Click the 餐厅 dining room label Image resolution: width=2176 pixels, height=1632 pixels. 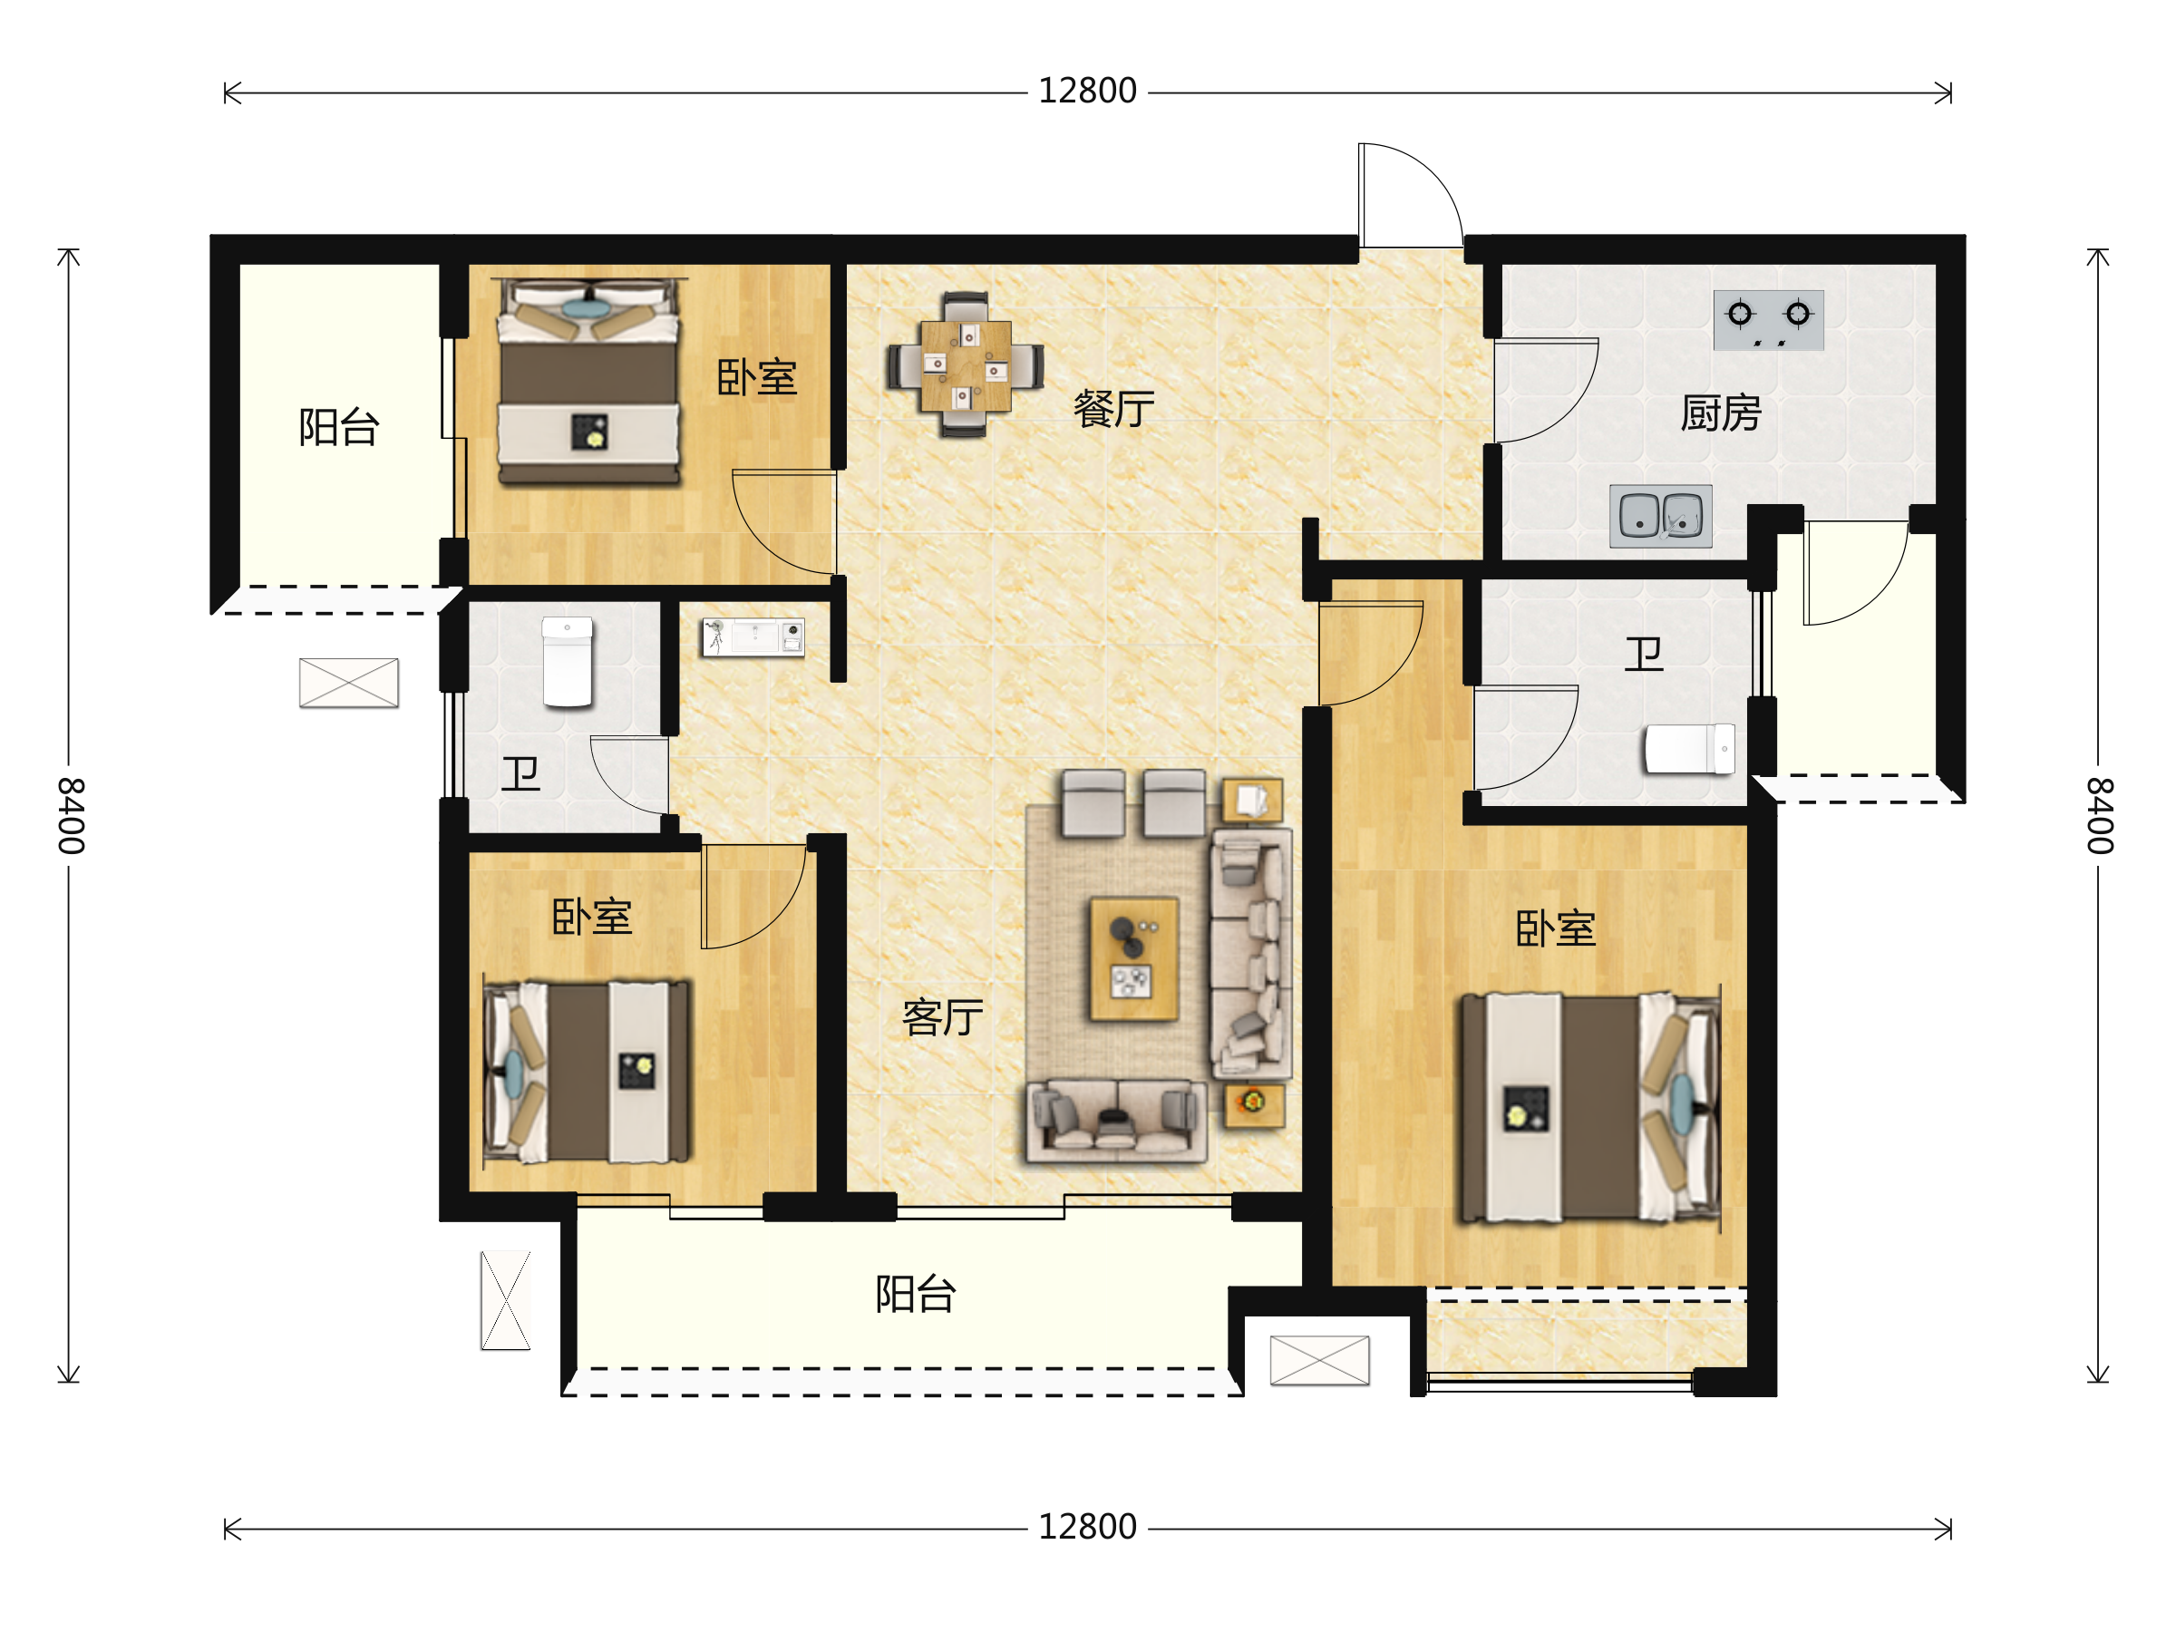[x=1113, y=409]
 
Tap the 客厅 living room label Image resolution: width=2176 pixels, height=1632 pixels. [x=942, y=1017]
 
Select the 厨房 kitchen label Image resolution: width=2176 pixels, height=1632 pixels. [x=1721, y=413]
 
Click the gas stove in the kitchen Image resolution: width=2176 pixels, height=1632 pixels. [x=1769, y=320]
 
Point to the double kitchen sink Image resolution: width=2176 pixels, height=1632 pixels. [x=1660, y=517]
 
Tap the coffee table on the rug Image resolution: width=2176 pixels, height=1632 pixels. [x=1133, y=959]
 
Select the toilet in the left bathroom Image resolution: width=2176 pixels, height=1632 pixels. [x=568, y=662]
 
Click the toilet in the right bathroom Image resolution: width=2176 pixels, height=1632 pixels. [x=1690, y=749]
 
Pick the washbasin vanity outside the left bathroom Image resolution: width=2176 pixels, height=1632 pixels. [x=753, y=637]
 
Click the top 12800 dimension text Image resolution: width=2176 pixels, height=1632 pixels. [x=1087, y=92]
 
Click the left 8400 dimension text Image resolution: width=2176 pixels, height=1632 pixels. [x=71, y=815]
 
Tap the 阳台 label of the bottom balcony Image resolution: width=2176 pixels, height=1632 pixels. [x=915, y=1295]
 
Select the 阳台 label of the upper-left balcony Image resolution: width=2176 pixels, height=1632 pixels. [x=338, y=428]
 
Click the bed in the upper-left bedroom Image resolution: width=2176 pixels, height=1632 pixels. [x=589, y=382]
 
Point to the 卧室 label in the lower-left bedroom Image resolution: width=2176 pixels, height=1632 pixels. [x=591, y=917]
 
